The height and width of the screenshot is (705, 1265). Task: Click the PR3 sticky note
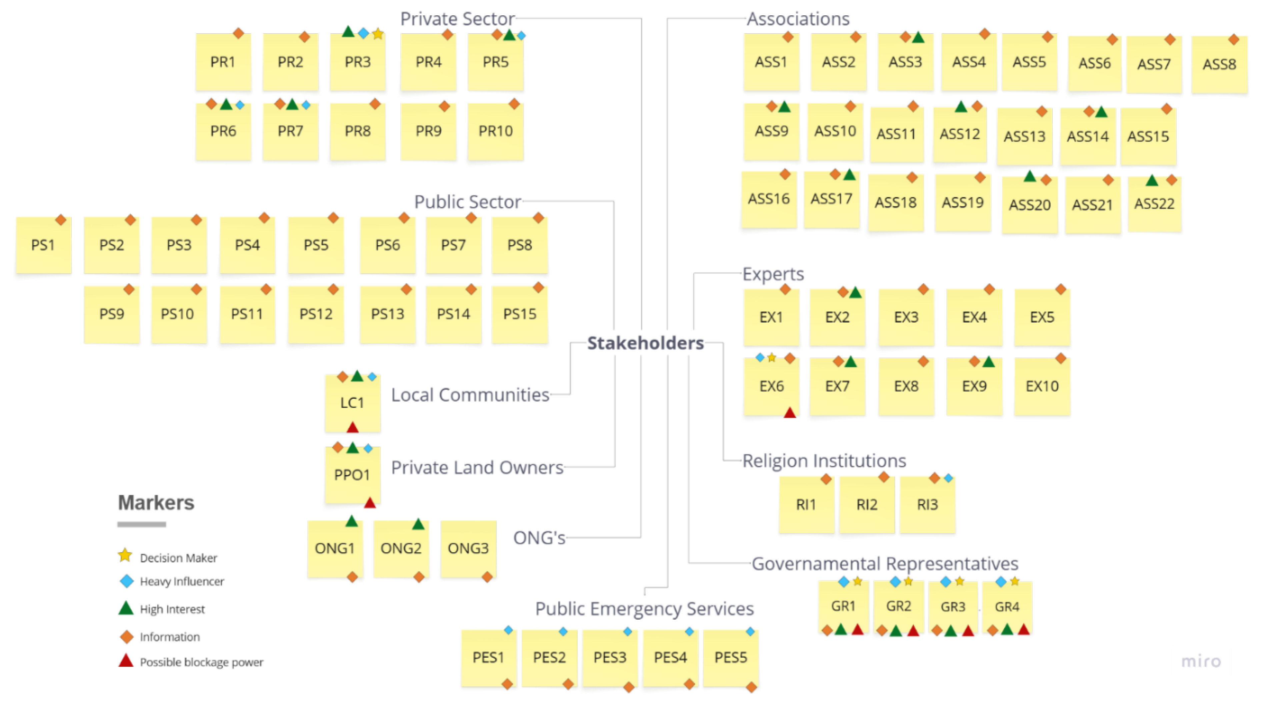coord(357,62)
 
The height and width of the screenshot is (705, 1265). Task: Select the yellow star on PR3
coord(378,34)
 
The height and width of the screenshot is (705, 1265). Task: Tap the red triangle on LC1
coord(352,427)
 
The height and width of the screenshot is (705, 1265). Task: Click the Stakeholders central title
coord(645,343)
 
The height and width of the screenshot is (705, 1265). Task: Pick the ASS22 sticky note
coord(1154,204)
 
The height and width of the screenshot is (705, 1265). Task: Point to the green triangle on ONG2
coord(418,524)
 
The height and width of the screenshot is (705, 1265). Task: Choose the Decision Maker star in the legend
coord(125,556)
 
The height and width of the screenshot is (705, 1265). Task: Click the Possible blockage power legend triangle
coord(126,661)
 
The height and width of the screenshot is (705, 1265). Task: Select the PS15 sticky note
coord(519,314)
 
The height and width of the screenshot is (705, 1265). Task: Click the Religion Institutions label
coord(824,461)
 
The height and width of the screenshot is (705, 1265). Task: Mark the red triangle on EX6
coord(790,413)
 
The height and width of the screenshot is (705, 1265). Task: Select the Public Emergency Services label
coord(644,609)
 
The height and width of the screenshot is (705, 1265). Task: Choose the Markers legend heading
coord(156,502)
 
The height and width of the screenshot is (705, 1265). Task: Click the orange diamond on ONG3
coord(487,577)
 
